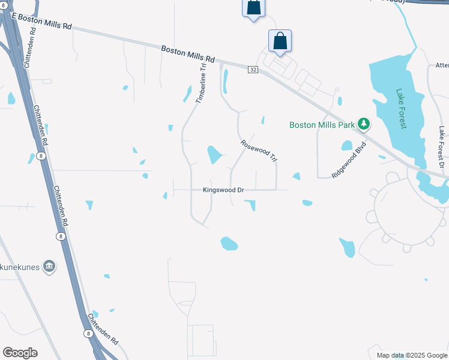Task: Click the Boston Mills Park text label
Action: (322, 125)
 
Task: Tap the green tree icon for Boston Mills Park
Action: (363, 124)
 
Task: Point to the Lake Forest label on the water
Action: (401, 109)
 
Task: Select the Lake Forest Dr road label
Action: (441, 146)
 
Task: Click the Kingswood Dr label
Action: (223, 190)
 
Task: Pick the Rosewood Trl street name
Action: (259, 151)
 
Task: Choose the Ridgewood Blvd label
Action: (349, 160)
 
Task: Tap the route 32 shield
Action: (253, 70)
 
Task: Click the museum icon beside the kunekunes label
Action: (49, 265)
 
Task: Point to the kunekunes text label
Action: (20, 265)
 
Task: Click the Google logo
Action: (20, 352)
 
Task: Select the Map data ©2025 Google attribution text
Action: (412, 355)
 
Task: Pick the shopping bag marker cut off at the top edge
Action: (253, 8)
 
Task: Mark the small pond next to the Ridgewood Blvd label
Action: (346, 145)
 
